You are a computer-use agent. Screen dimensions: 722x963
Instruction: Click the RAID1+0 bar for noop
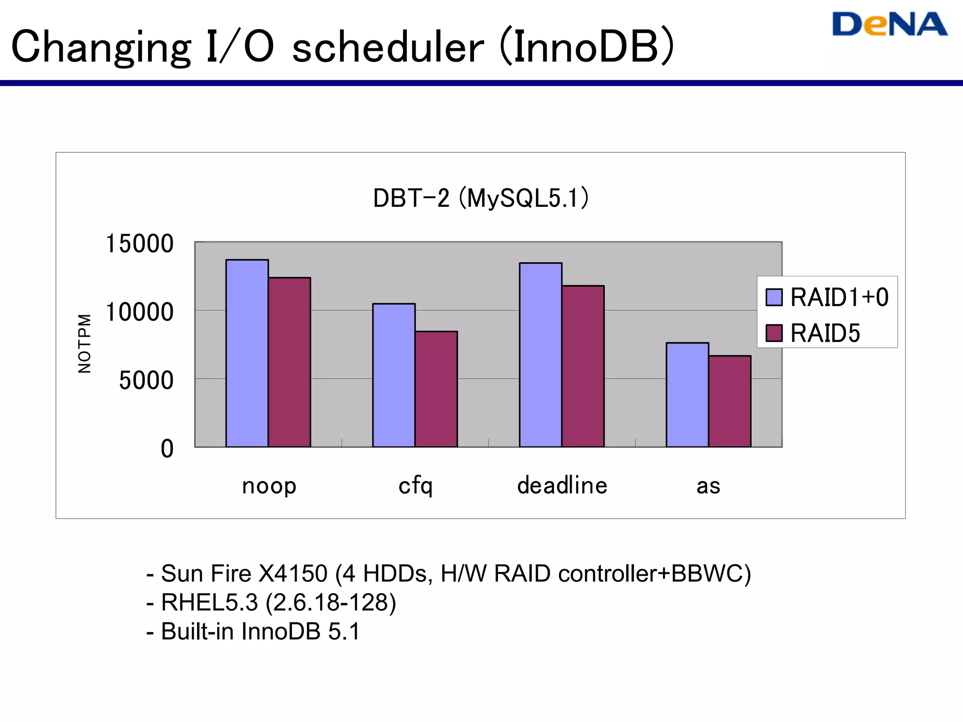coord(247,353)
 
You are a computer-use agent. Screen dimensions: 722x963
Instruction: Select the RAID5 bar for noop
coord(289,362)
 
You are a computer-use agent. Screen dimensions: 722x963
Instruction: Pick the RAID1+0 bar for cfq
coord(394,375)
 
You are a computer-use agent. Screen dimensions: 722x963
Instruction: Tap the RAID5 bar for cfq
coord(436,389)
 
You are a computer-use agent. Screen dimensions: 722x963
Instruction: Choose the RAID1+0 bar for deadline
coord(540,355)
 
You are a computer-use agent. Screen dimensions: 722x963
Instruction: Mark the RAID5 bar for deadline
coord(583,366)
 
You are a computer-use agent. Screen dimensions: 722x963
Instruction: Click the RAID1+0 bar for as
coord(687,395)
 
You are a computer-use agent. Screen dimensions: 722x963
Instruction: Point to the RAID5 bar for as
coord(729,401)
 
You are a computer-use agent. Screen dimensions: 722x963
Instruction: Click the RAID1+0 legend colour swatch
coord(774,297)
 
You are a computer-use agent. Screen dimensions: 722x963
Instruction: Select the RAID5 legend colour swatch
coord(774,333)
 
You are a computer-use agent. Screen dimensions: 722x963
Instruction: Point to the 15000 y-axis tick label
coord(140,244)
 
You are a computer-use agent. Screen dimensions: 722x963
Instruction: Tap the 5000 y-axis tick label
coord(146,380)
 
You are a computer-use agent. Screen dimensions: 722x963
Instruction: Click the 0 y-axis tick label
coord(167,448)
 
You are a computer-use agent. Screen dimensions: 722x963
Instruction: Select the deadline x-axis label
coord(562,485)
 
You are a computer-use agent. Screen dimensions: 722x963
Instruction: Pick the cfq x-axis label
coord(415,486)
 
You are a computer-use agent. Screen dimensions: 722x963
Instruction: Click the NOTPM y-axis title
coord(84,344)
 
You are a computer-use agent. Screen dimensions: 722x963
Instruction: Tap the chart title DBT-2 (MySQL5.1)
coord(481,198)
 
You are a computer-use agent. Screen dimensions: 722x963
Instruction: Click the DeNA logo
coord(889,24)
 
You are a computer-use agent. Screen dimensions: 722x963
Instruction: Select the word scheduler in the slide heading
coord(387,47)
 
